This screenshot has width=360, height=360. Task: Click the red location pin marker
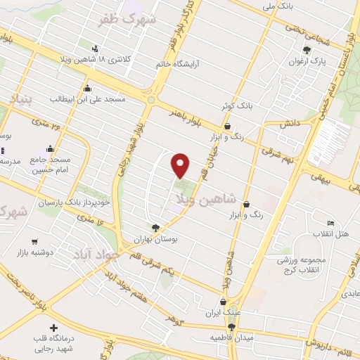(181, 165)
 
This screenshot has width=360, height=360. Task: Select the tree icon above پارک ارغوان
(307, 49)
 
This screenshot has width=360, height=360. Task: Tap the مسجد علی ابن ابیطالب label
(86, 99)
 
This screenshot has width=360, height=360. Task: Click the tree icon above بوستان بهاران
(155, 227)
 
